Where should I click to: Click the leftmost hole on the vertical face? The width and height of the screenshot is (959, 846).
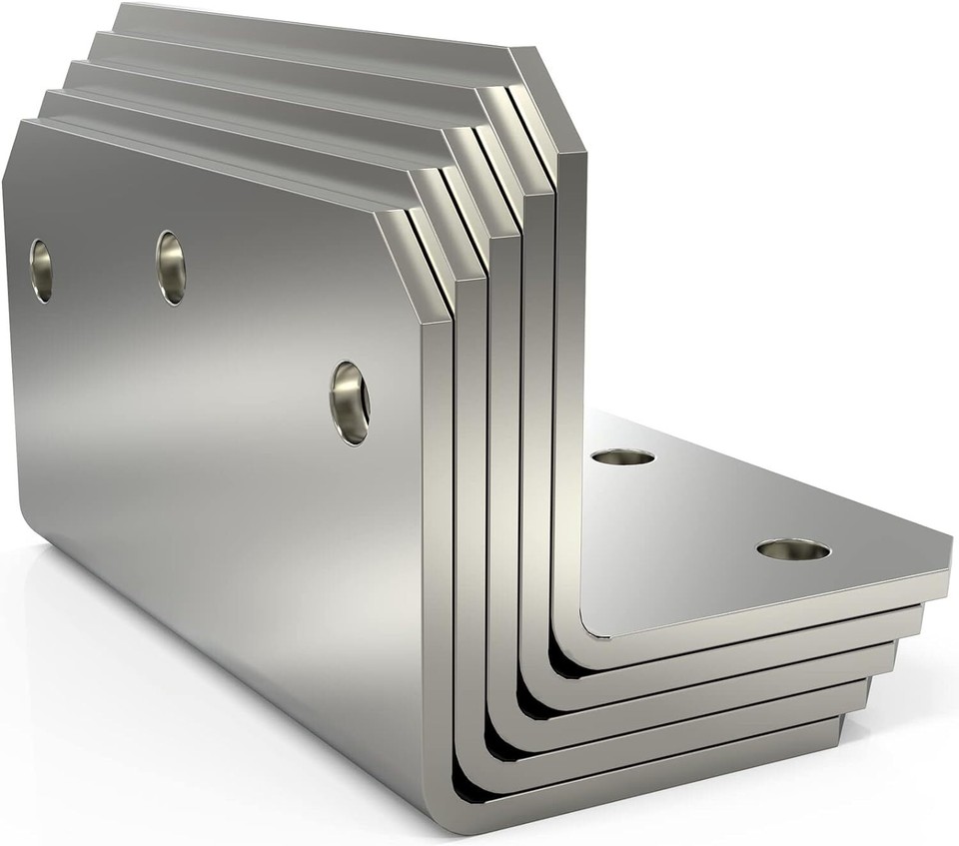click(41, 270)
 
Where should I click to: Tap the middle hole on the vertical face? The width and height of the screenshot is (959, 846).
click(171, 268)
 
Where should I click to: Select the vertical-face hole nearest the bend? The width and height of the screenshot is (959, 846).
click(350, 403)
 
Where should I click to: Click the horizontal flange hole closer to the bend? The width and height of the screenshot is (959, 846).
click(622, 457)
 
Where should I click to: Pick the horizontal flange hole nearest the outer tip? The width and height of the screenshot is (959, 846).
click(793, 549)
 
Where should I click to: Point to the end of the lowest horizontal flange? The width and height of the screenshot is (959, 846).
click(839, 734)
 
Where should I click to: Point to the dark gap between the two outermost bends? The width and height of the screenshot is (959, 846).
click(462, 779)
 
